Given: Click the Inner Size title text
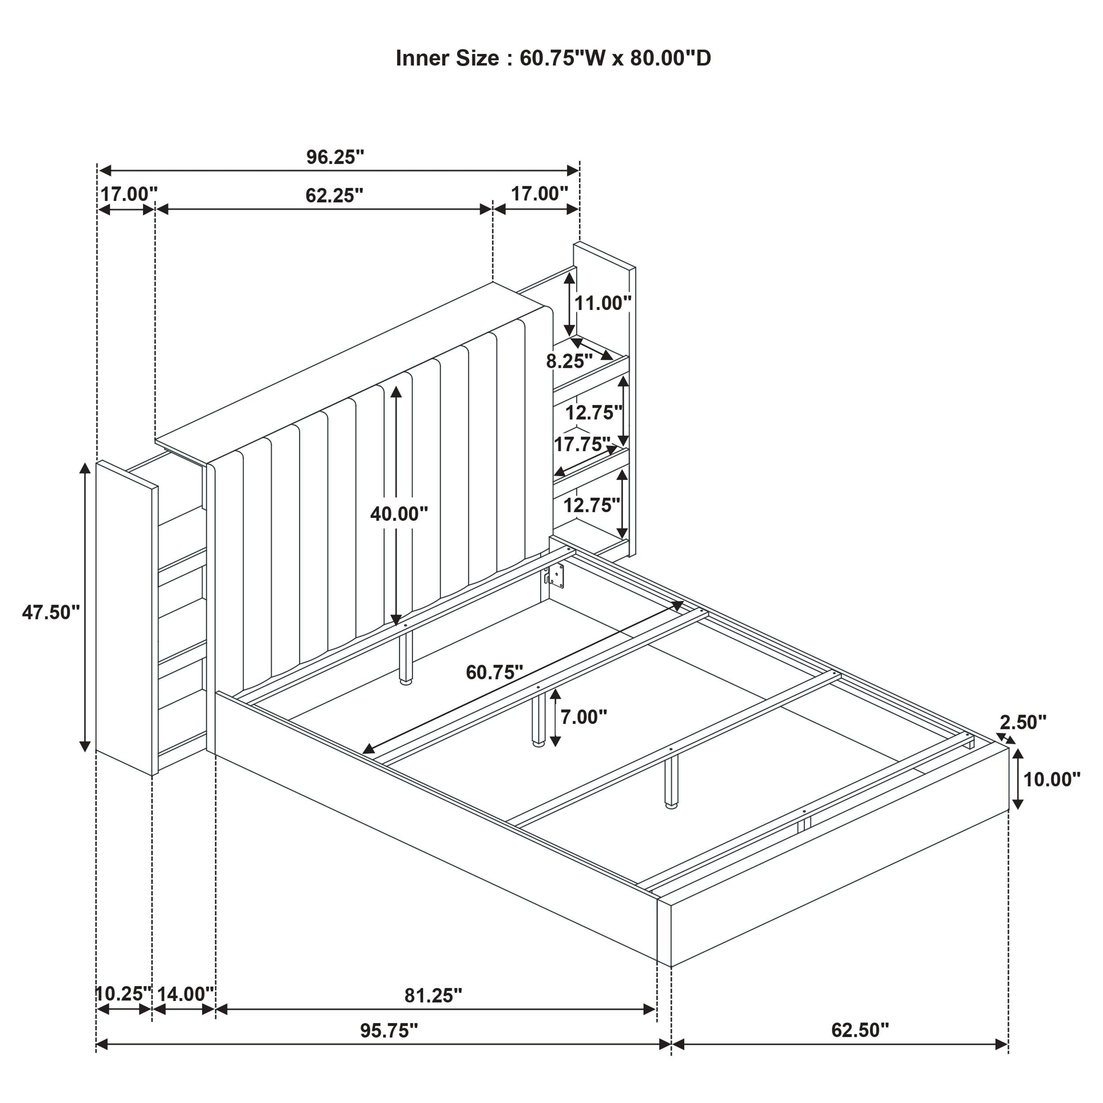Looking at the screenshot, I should (x=553, y=58).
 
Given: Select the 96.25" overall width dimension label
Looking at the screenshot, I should (x=335, y=157).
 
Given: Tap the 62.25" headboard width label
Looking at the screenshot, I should (x=334, y=195).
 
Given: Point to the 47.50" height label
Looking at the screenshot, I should (x=51, y=612).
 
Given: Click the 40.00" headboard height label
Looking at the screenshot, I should (x=398, y=514).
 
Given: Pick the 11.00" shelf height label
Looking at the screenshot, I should (x=602, y=303).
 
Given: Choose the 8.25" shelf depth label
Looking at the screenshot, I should (x=569, y=361).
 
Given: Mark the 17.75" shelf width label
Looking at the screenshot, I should (x=581, y=444).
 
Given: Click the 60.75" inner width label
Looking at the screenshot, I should (x=495, y=672).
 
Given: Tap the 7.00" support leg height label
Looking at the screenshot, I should (x=583, y=716).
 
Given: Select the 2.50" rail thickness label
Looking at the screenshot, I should (x=1023, y=722).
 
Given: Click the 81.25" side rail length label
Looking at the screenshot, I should (x=433, y=996).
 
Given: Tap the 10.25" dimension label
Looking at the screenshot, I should (x=123, y=994).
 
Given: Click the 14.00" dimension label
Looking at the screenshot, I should (x=185, y=994).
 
